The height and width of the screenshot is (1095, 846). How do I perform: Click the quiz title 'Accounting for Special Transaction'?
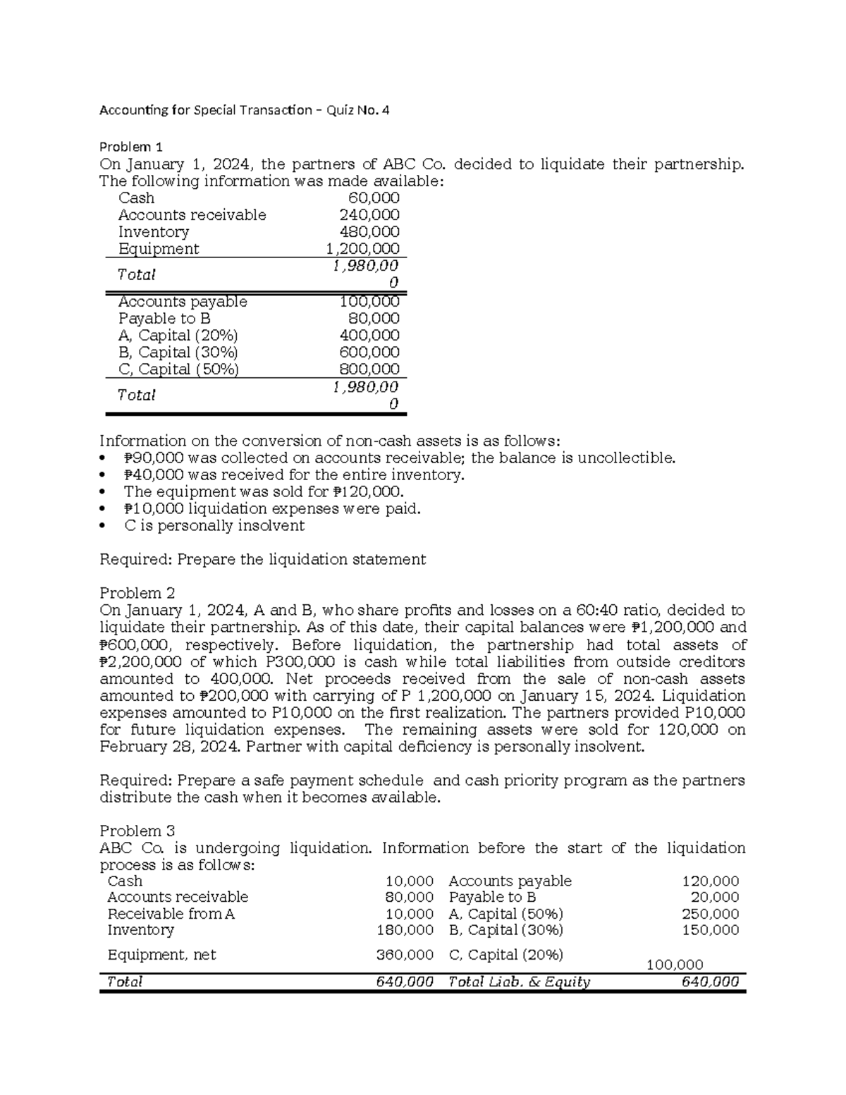[x=205, y=110]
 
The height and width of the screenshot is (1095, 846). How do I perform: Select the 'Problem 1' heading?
[x=131, y=147]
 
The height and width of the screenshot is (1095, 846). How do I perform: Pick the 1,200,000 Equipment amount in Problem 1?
[x=362, y=249]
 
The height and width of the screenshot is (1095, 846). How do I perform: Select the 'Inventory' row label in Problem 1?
[x=154, y=232]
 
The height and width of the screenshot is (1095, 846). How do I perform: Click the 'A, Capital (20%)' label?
[x=178, y=336]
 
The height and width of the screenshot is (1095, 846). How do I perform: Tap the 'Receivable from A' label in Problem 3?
[x=171, y=914]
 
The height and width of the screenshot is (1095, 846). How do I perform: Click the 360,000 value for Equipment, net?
[x=405, y=955]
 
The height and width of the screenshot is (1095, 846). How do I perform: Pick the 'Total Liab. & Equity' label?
[x=520, y=981]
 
